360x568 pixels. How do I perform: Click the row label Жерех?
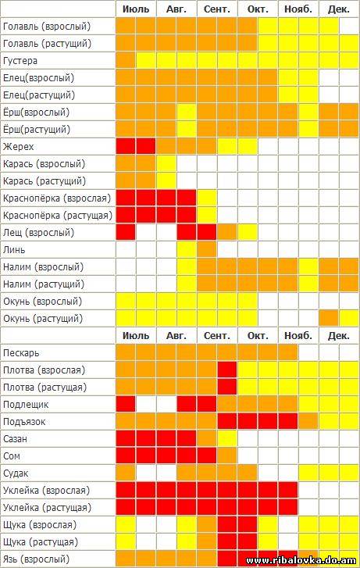click(18, 147)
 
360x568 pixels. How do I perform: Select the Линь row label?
click(14, 249)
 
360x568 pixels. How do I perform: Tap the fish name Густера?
click(20, 60)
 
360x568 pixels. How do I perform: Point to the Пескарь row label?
click(21, 353)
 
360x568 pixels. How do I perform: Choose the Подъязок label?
click(24, 422)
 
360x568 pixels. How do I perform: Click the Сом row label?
click(12, 456)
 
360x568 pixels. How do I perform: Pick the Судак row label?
click(16, 473)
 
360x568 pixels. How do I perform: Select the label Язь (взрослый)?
click(36, 559)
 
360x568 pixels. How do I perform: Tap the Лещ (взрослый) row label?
click(38, 232)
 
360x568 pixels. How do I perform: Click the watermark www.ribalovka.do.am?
click(301, 561)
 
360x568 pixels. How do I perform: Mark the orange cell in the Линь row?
click(207, 249)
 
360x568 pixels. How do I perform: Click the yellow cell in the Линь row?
click(187, 249)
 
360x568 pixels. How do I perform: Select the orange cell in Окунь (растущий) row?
click(329, 319)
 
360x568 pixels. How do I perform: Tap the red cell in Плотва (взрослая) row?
click(227, 370)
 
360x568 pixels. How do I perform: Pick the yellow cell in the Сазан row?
click(227, 438)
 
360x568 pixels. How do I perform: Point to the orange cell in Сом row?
click(227, 456)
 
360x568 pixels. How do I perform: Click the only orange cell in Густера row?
click(126, 60)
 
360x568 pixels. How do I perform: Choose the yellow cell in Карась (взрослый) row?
click(166, 164)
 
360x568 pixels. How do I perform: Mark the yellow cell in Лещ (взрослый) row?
click(248, 232)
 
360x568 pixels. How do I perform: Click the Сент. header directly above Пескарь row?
click(217, 336)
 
